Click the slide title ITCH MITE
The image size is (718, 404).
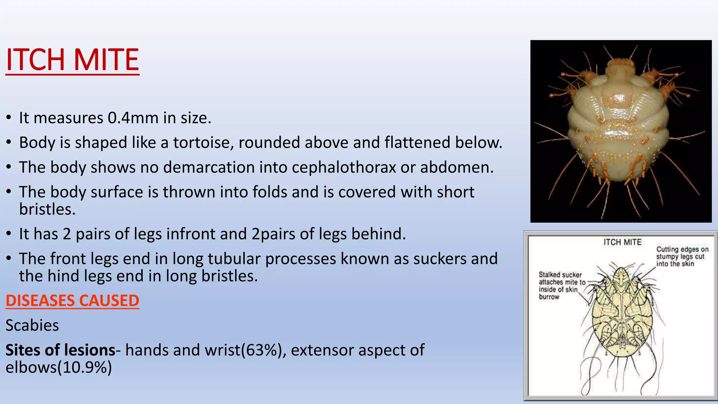coord(72,60)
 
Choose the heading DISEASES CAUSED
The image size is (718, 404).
coord(72,301)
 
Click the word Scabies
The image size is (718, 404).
coord(32,325)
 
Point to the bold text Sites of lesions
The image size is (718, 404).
coord(60,350)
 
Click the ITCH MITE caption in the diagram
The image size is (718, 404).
coord(622,242)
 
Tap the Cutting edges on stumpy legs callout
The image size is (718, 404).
coord(682,256)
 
